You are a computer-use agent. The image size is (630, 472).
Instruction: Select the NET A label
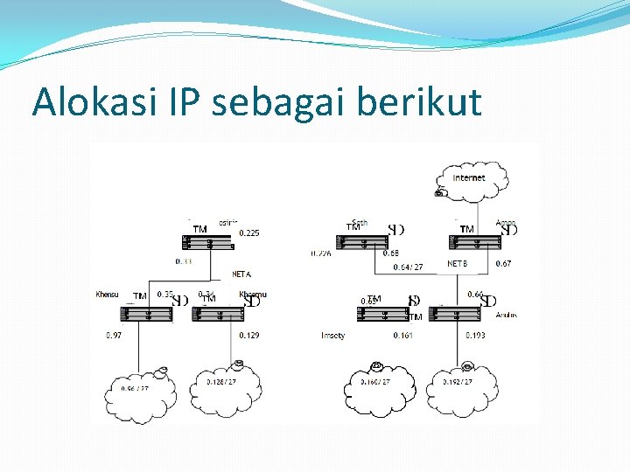(x=241, y=274)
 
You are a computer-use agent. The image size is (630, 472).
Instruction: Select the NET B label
(x=458, y=263)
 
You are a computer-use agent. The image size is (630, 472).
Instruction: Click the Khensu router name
(x=107, y=295)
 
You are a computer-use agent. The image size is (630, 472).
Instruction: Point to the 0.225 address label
(x=249, y=233)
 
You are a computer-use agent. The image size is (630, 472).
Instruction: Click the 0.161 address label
(x=402, y=336)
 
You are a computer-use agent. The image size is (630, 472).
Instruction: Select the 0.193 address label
(x=475, y=336)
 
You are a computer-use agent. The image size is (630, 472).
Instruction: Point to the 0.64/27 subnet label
(x=408, y=267)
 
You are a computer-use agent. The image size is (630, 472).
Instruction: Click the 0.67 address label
(x=503, y=263)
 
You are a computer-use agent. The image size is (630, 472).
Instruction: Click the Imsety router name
(x=333, y=336)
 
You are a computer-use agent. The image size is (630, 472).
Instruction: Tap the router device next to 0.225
(x=209, y=242)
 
